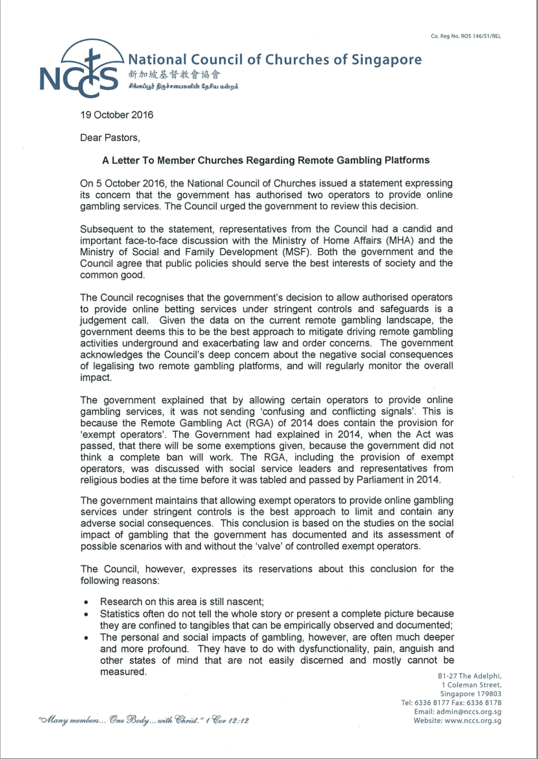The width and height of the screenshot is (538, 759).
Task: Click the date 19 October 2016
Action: click(x=117, y=115)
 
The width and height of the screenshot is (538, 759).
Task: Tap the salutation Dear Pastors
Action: click(x=110, y=137)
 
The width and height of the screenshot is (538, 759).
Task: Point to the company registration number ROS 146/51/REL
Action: click(x=466, y=36)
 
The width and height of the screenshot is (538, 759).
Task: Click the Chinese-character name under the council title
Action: click(x=174, y=75)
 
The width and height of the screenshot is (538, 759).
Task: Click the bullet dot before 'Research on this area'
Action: click(x=86, y=602)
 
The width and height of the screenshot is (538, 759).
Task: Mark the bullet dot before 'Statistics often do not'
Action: click(x=86, y=614)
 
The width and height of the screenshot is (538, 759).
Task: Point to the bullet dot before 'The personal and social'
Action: click(x=86, y=637)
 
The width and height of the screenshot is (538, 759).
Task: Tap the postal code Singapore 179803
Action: click(x=471, y=693)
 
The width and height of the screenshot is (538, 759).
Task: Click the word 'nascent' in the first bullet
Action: click(x=245, y=601)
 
